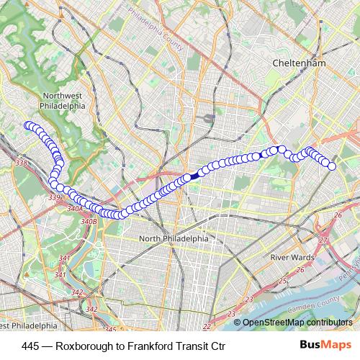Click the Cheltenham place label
pyautogui.click(x=299, y=63)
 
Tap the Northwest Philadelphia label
pyautogui.click(x=64, y=100)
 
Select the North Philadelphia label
pyautogui.click(x=174, y=238)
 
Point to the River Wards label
pyautogui.click(x=289, y=257)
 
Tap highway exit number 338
pyautogui.click(x=20, y=164)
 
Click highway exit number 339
pyautogui.click(x=54, y=197)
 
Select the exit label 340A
pyautogui.click(x=74, y=208)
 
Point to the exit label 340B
pyautogui.click(x=89, y=221)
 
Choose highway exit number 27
pyautogui.click(x=324, y=240)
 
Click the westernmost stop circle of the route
pyautogui.click(x=28, y=125)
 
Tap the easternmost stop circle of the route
pyautogui.click(x=332, y=166)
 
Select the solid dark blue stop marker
pyautogui.click(x=194, y=175)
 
